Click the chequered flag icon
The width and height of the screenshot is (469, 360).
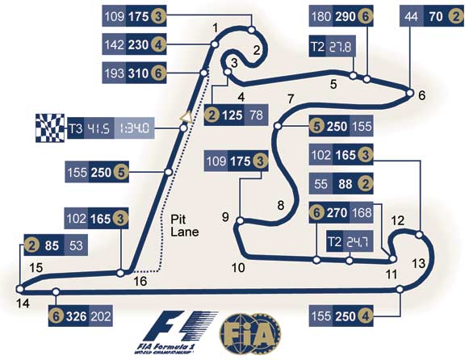(50, 128)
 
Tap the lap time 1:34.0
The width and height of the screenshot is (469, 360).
(134, 128)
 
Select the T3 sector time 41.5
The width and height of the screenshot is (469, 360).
(99, 128)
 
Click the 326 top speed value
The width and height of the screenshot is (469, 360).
(76, 316)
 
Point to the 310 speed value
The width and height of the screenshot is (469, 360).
(138, 73)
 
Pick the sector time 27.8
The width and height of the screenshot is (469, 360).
(341, 47)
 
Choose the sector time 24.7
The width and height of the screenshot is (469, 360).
(358, 241)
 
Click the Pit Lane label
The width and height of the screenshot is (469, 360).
(185, 226)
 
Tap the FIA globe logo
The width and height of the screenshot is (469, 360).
(250, 333)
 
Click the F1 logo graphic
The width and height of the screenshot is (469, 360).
(177, 333)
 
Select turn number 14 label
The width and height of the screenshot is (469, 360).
(23, 303)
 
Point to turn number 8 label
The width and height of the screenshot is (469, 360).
(281, 206)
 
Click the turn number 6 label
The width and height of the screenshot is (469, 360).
(421, 96)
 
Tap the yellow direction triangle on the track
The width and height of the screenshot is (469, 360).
(186, 117)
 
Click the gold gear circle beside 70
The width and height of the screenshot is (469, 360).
(455, 16)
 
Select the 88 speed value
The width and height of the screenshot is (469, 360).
(345, 184)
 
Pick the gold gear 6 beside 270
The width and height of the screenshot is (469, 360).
(316, 212)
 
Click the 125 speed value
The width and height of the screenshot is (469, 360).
(232, 115)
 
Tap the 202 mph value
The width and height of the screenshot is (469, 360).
(100, 316)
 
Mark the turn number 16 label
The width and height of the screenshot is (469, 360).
(140, 282)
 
